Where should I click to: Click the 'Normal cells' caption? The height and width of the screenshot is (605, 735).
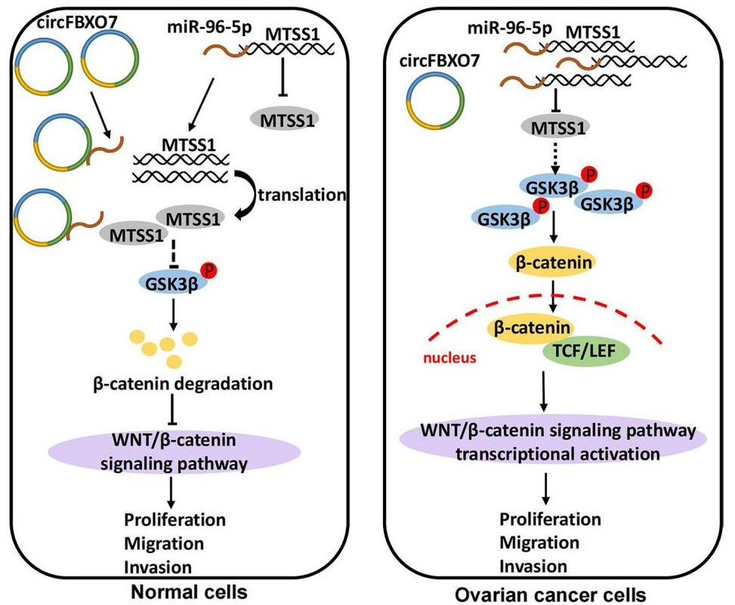click(x=184, y=590)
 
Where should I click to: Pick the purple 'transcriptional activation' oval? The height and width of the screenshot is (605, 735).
click(x=555, y=443)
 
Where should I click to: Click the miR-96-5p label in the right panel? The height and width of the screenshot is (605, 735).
click(x=508, y=29)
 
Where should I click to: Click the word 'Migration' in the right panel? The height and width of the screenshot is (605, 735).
click(x=540, y=543)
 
